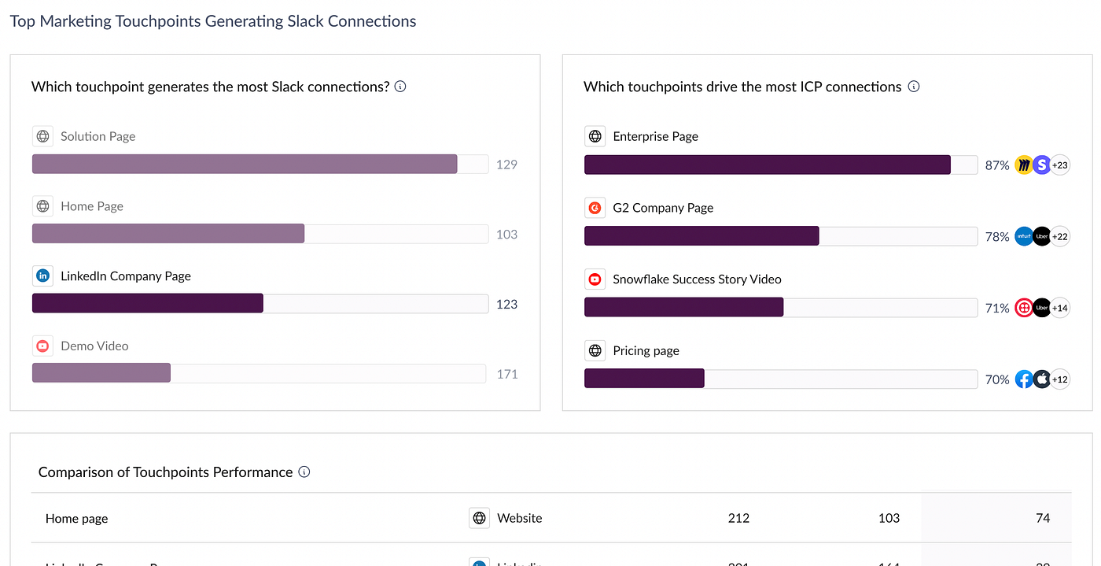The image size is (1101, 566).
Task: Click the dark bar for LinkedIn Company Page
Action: pos(148,303)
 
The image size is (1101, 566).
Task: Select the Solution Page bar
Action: pos(244,164)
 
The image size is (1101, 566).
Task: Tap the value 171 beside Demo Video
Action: pos(507,374)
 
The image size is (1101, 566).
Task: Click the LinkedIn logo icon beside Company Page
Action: pos(42,276)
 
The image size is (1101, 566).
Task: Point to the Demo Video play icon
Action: pos(42,346)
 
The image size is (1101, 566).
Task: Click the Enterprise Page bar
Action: pos(767,165)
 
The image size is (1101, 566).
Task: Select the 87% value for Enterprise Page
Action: pos(996,165)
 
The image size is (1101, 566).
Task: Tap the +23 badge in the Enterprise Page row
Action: pos(1060,165)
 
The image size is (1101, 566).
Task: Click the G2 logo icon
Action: pos(595,208)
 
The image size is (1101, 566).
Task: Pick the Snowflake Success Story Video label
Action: pos(697,279)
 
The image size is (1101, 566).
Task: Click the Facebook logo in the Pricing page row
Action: pos(1023,379)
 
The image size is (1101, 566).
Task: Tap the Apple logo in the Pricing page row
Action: pos(1042,379)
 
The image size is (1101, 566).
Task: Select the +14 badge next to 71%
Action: pos(1060,308)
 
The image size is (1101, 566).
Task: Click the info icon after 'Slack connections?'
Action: pos(400,87)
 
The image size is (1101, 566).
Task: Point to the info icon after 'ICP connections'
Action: pos(914,87)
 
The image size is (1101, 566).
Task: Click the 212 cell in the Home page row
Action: pos(738,518)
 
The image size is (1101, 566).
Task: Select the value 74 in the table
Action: pos(1043,518)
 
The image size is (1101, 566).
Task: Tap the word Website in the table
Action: pos(519,518)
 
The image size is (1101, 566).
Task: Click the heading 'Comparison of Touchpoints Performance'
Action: pos(165,472)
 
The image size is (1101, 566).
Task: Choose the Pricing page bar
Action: pos(644,379)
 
